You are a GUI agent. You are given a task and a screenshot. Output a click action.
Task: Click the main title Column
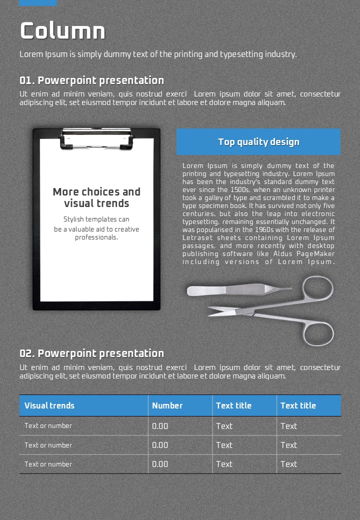[62, 31]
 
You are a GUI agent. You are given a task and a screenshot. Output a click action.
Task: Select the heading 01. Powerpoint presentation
[91, 80]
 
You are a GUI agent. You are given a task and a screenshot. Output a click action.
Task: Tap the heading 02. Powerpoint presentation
[91, 353]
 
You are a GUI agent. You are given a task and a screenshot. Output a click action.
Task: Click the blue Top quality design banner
[258, 142]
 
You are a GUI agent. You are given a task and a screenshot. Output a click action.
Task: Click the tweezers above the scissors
[235, 290]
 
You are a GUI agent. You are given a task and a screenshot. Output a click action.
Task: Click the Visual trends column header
[49, 405]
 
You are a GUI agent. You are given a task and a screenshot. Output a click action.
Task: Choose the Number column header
[167, 405]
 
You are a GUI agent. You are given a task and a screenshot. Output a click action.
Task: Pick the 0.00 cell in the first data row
[160, 426]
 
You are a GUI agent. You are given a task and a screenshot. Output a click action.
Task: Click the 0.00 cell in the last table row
[160, 464]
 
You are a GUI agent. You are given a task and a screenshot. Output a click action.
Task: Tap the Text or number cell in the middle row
[48, 445]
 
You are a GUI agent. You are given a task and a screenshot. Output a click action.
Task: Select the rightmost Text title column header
[298, 405]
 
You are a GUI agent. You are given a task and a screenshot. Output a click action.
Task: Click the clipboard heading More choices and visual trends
[96, 197]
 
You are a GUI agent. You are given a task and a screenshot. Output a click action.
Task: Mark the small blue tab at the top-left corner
[38, 2]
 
